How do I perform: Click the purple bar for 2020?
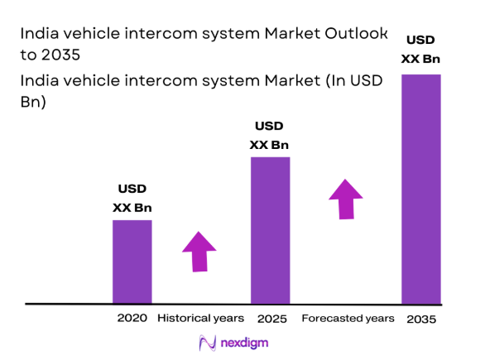pos(132,262)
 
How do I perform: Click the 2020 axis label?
pos(132,318)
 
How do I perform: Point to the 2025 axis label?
pos(270,318)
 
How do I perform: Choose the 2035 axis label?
pos(421,319)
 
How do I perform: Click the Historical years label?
pos(200,318)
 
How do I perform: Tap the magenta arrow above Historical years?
pos(199,251)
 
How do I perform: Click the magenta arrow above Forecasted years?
pos(346,199)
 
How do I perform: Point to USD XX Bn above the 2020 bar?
pos(132,199)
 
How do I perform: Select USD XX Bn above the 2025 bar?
pos(269,136)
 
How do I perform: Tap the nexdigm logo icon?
pos(205,343)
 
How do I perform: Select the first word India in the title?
pos(36,34)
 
